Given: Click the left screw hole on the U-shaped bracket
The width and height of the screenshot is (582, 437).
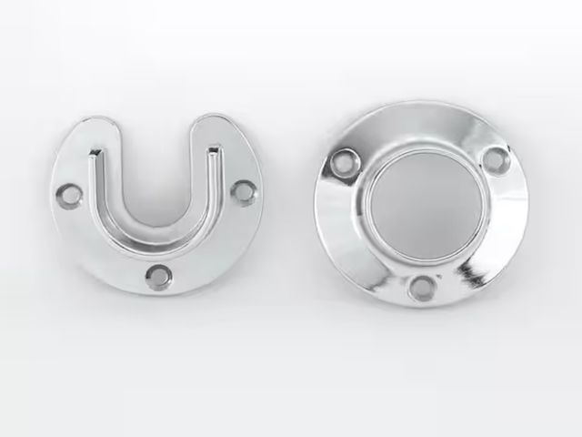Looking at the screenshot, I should click(x=68, y=194).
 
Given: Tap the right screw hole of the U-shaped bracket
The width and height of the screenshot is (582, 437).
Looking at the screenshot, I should click(x=244, y=190).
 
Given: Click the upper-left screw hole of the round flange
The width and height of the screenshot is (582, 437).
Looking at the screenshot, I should click(x=342, y=165).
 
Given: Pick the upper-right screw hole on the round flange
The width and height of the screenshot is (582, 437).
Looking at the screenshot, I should click(x=494, y=159).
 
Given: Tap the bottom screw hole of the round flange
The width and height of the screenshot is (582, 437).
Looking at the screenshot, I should click(x=420, y=289).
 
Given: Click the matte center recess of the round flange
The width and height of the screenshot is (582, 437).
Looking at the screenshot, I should click(x=419, y=209).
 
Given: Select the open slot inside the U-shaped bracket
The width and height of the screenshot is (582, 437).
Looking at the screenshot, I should click(x=155, y=182).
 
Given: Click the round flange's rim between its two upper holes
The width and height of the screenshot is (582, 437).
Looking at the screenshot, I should click(x=418, y=118).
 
